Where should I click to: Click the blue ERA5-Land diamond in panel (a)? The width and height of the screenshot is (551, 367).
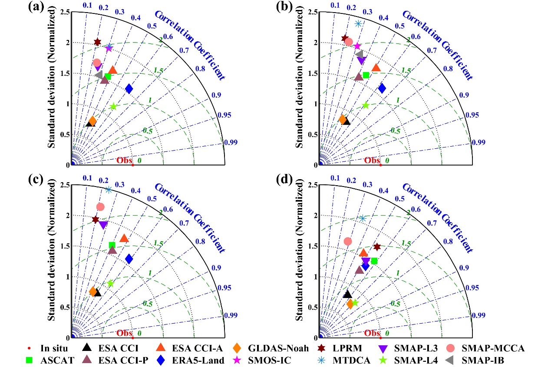[129, 89]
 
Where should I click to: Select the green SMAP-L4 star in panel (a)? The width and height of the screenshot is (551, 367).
[113, 106]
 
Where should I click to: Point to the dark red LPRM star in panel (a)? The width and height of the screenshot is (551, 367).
[97, 42]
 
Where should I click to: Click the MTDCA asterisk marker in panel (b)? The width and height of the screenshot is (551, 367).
[358, 23]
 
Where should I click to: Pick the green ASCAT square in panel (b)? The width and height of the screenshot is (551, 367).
[366, 75]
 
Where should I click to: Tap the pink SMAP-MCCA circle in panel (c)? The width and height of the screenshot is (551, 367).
[100, 207]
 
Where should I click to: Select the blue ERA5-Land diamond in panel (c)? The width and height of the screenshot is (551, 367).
[129, 259]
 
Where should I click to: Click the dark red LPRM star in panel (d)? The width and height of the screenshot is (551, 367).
[377, 247]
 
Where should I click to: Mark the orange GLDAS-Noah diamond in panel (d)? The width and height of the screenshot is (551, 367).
[350, 304]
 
